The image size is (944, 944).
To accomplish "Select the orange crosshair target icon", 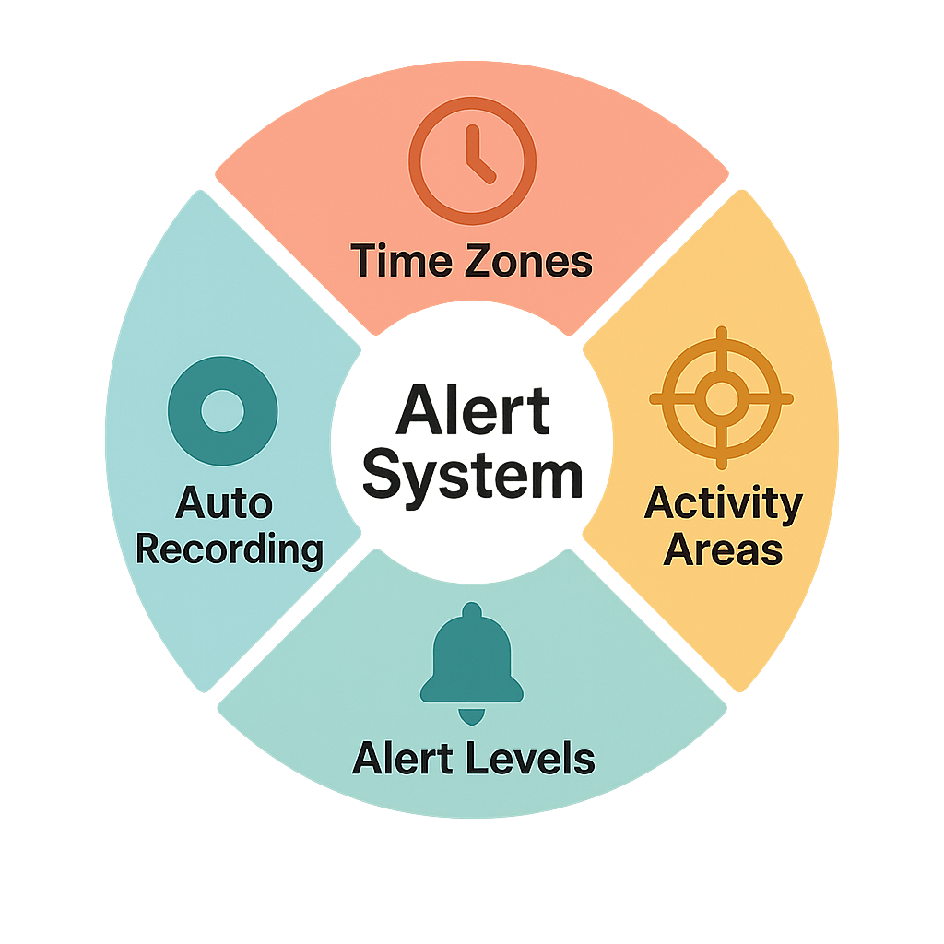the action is coord(721,398).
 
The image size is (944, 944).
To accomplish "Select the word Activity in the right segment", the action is coord(723,504).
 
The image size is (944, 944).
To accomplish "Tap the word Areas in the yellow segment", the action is coord(723,550).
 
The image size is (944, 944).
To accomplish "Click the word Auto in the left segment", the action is coord(224,504).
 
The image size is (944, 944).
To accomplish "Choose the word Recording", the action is coord(230,550).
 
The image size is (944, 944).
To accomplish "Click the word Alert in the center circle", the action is coord(472,413).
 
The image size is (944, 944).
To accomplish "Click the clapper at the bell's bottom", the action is coord(471,715).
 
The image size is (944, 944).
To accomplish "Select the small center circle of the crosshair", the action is coord(721,398).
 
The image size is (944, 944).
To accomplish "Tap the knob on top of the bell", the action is coord(471,611).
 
